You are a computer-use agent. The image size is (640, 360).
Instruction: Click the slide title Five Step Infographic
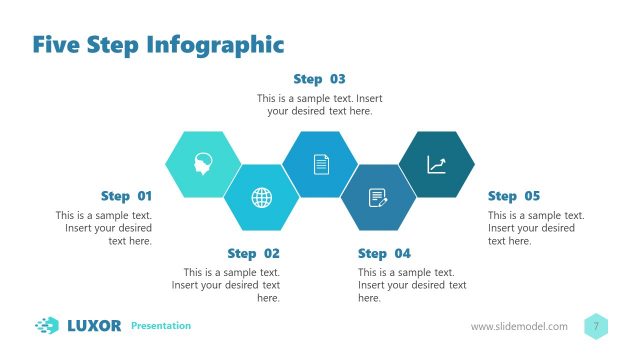(158, 44)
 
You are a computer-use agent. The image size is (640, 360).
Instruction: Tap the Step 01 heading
(126, 196)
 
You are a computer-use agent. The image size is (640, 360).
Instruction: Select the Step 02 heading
(253, 253)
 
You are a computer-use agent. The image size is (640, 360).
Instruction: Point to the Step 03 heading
(319, 78)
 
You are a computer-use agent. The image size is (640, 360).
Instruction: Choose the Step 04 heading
(384, 253)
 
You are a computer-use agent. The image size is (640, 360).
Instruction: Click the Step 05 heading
(513, 196)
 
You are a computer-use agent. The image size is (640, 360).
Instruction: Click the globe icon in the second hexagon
(261, 197)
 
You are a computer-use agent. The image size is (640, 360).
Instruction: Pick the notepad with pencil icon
(378, 197)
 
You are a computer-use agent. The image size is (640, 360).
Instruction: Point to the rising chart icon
(436, 164)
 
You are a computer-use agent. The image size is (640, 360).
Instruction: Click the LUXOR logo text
(94, 325)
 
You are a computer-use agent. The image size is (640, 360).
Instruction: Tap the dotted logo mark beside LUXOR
(47, 325)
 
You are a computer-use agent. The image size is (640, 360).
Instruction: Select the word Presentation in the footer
(161, 326)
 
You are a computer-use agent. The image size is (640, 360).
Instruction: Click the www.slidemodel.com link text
(519, 327)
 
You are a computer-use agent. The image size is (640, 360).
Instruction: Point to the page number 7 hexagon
(596, 326)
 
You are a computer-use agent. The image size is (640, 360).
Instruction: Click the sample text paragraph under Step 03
(319, 105)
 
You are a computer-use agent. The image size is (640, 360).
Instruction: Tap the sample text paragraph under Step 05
(536, 228)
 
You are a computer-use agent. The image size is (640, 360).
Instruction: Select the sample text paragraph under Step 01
(104, 228)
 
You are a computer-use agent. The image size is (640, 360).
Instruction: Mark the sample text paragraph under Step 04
(412, 285)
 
